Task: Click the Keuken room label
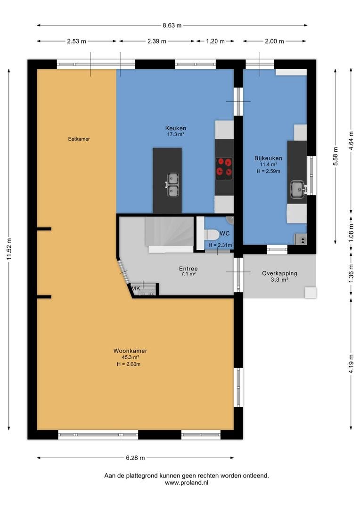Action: pos(176,128)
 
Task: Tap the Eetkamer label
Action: pos(79,139)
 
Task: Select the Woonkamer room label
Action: pos(130,351)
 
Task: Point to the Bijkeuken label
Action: pos(268,158)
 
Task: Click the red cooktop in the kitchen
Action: pos(224,167)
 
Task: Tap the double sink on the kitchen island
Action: pos(172,185)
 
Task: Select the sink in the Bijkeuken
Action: pos(298,189)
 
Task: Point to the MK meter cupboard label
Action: pos(136,288)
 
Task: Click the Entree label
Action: pos(188,269)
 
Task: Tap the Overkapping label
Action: pos(279,273)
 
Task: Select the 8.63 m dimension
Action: pos(172,25)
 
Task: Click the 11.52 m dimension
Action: pos(9,249)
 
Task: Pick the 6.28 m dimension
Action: pos(135,458)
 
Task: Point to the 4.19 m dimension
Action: pos(351,364)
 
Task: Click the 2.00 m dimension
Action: pos(274,41)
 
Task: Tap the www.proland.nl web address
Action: pos(187,483)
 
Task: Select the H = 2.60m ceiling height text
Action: pos(129,364)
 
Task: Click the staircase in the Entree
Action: pos(169,232)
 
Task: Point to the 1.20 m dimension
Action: pos(215,41)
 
